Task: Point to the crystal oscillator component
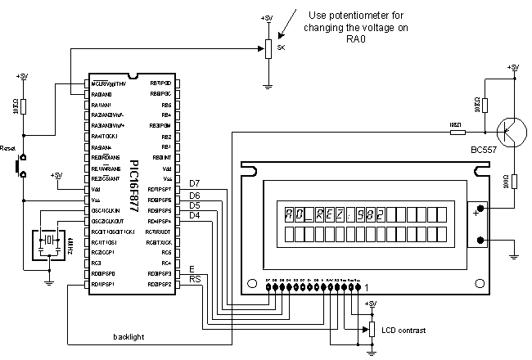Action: pos(48,240)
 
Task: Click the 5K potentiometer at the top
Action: pos(267,48)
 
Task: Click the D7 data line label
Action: pos(195,182)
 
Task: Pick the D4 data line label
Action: pos(195,215)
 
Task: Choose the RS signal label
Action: pos(195,280)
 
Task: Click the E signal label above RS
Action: pos(192,268)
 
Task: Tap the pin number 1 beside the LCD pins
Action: pos(367,286)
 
